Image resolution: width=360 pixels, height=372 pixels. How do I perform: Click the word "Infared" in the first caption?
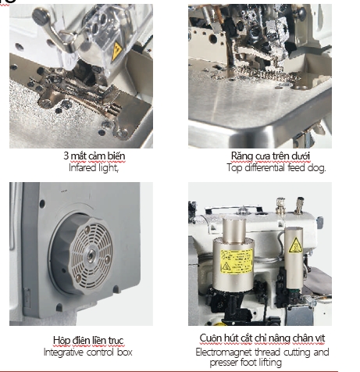point(83,167)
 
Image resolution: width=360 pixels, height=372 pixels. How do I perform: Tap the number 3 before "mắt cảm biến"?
point(66,156)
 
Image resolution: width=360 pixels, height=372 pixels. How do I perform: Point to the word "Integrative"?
point(63,352)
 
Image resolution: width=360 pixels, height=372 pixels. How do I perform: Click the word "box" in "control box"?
point(124,352)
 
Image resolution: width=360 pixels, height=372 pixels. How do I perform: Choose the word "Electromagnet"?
point(223,352)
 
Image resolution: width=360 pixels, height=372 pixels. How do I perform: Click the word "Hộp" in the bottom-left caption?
point(62,340)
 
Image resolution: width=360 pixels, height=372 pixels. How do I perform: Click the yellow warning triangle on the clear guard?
point(116,51)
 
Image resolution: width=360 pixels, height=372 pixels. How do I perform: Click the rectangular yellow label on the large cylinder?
point(237,261)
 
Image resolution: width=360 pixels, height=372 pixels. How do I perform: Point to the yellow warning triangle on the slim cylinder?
point(295,245)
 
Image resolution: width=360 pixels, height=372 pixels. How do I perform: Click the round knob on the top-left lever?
point(41,16)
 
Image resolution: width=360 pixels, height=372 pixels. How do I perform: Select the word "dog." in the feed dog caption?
point(316,167)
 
